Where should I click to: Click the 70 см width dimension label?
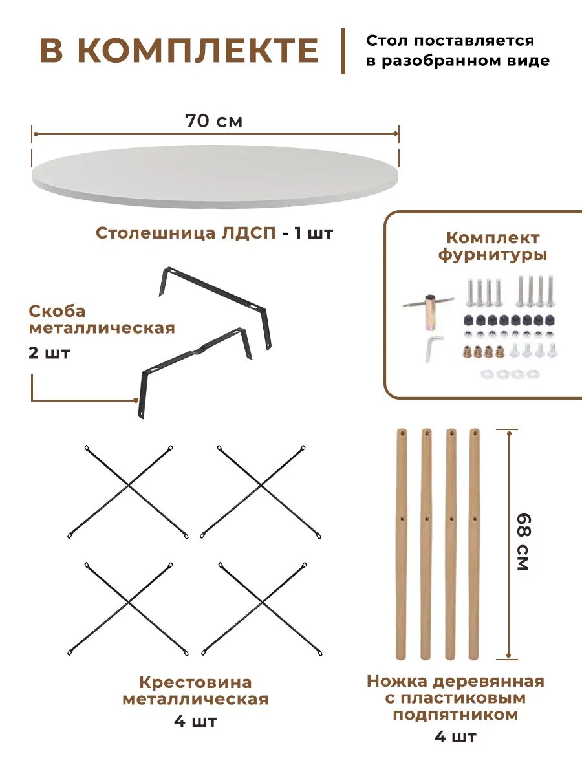pos(213,121)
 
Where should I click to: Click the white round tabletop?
pos(215,176)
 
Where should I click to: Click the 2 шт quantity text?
pos(50,354)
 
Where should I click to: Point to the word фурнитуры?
pos(492,255)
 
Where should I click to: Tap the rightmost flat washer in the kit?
pos(533,374)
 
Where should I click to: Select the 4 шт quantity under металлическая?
pos(195,721)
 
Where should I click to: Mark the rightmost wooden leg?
pos(475,543)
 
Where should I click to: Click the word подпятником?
pos(455,715)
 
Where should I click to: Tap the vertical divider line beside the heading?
pos(343,51)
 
